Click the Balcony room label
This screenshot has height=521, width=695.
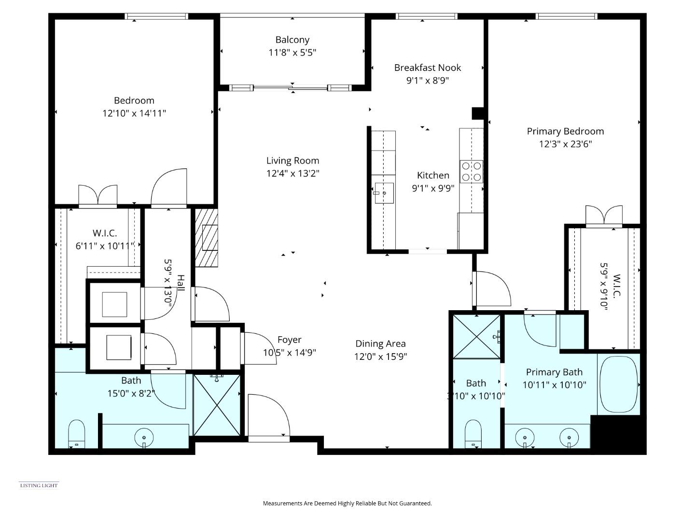click(x=292, y=40)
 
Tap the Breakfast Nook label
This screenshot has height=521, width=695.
click(x=427, y=68)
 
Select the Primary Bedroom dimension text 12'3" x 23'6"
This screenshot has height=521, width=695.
click(x=565, y=144)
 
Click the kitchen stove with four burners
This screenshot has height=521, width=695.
click(x=471, y=171)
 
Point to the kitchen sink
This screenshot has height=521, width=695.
click(x=384, y=193)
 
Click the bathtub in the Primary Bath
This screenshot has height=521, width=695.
click(x=618, y=384)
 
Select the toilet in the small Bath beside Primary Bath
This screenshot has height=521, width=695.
click(x=473, y=434)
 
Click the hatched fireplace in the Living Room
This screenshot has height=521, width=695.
click(x=207, y=237)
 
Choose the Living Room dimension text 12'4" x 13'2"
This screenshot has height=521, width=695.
click(x=292, y=173)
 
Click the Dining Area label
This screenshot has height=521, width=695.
click(x=380, y=343)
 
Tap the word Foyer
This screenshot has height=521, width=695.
click(x=289, y=340)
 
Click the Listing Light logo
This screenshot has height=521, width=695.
click(x=39, y=485)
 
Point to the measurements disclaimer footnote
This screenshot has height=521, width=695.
click(x=347, y=503)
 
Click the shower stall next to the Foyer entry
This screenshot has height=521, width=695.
click(x=217, y=405)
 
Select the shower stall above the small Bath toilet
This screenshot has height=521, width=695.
click(x=476, y=336)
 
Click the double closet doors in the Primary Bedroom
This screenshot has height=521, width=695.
click(x=603, y=216)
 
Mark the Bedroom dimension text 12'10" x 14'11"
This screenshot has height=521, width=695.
click(x=134, y=113)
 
